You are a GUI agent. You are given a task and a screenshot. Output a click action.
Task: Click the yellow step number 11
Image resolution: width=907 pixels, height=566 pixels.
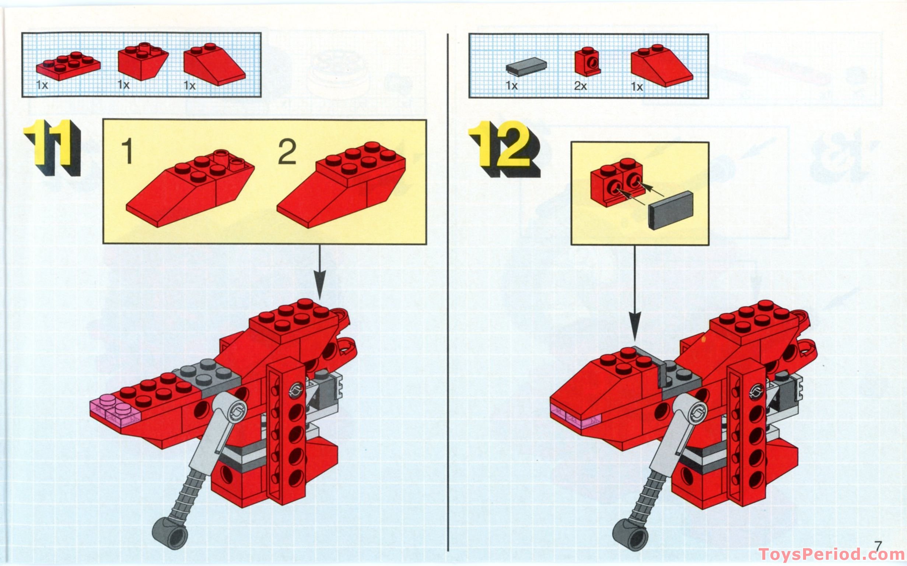[x=50, y=146]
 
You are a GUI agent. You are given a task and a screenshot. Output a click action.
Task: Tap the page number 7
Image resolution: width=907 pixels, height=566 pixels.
[x=879, y=546]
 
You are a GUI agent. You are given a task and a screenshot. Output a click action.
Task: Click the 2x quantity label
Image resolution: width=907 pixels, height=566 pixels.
[x=580, y=86]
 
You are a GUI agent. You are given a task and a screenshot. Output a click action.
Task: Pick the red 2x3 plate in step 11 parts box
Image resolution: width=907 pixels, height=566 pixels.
[x=68, y=66]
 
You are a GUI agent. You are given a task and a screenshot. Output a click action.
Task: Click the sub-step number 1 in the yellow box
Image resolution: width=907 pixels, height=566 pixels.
[x=127, y=151]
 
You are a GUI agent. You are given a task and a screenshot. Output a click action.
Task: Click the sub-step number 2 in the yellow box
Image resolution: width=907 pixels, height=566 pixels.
[x=287, y=151]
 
